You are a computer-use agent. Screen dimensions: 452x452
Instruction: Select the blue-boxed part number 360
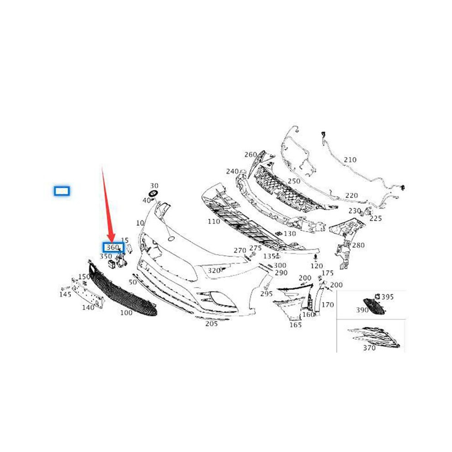click(x=114, y=247)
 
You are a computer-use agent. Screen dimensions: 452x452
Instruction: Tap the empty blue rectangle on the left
click(x=62, y=191)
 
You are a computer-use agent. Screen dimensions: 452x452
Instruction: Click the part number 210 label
click(x=350, y=160)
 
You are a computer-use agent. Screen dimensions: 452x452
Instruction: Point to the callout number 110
click(x=214, y=221)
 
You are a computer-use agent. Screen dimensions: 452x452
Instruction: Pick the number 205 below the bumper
click(x=211, y=324)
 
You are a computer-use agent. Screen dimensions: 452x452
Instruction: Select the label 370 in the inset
click(x=369, y=348)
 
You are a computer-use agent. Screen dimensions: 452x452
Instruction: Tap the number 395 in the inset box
click(x=387, y=297)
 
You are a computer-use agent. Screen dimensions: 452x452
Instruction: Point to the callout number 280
click(x=358, y=245)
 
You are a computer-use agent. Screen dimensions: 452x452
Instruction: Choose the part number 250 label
click(x=294, y=181)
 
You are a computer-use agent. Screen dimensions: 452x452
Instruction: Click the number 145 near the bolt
click(x=65, y=294)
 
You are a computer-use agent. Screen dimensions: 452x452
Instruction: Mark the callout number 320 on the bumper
click(x=214, y=270)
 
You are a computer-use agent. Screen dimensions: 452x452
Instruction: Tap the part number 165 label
click(x=295, y=325)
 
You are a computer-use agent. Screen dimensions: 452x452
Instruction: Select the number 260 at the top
click(x=251, y=155)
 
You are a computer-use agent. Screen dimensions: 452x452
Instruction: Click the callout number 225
click(x=376, y=218)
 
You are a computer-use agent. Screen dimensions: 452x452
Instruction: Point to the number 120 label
click(x=316, y=266)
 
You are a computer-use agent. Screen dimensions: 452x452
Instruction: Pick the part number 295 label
click(x=266, y=294)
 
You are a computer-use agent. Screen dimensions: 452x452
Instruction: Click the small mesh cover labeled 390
click(x=374, y=306)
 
